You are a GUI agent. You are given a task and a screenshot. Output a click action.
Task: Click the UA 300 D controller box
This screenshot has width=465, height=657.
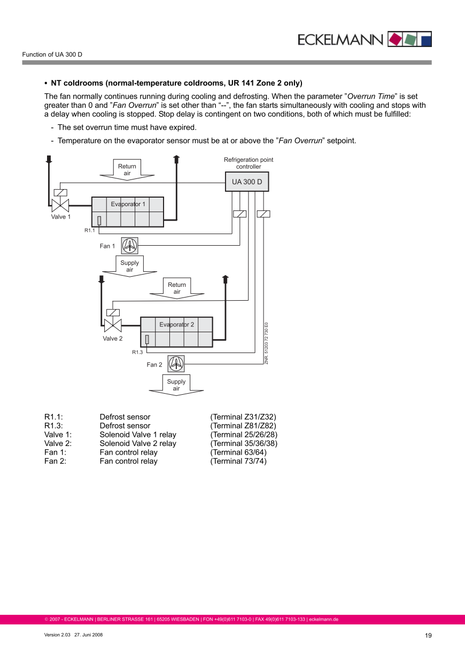click(x=247, y=182)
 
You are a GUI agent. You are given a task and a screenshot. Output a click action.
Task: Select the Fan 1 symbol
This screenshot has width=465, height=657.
click(x=129, y=246)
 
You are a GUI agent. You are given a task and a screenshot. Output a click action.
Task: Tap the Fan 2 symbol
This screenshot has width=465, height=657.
click(x=176, y=364)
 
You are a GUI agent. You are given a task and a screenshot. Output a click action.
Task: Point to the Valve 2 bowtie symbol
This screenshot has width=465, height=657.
click(x=113, y=325)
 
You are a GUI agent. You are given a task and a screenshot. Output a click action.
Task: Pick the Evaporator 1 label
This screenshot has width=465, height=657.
click(x=128, y=204)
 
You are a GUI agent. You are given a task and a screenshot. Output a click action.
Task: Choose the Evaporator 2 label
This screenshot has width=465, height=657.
click(x=176, y=324)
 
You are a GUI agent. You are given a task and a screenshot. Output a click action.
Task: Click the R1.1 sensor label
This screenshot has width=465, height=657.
click(x=89, y=231)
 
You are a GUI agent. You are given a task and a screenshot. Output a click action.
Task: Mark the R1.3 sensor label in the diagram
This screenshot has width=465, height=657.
click(x=137, y=353)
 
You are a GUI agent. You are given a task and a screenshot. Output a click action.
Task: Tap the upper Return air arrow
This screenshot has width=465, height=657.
click(x=127, y=169)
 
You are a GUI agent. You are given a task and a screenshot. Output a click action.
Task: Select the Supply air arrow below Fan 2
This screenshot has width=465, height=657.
click(x=176, y=385)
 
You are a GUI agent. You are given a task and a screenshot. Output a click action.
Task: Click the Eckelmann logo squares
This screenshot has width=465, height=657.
click(x=410, y=39)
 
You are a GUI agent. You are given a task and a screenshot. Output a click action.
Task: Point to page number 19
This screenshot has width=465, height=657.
click(x=428, y=636)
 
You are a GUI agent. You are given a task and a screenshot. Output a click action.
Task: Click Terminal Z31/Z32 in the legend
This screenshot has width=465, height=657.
click(x=243, y=417)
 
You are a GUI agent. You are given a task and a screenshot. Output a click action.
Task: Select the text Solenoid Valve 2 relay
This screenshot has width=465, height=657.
click(x=138, y=443)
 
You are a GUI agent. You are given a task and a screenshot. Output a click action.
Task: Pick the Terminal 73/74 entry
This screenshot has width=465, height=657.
click(x=238, y=461)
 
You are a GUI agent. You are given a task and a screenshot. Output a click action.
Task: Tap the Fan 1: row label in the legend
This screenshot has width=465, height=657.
click(x=56, y=452)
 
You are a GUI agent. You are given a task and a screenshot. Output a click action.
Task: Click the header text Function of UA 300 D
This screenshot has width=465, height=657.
click(x=52, y=55)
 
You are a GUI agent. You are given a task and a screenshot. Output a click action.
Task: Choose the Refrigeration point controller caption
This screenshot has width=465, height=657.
click(x=249, y=163)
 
